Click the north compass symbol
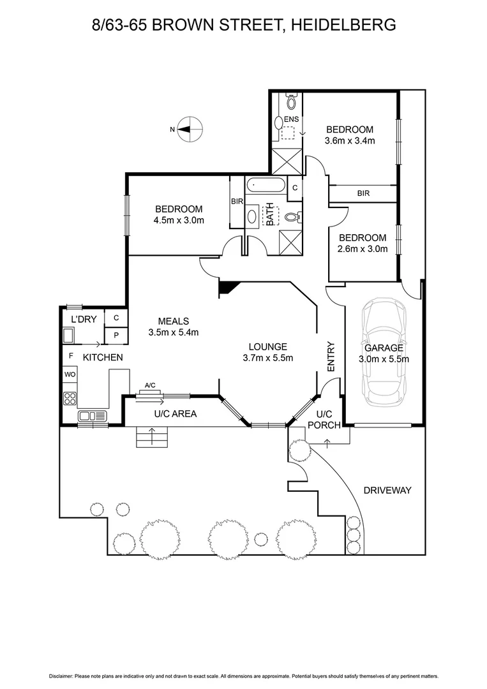[188, 129]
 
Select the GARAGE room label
[384, 348]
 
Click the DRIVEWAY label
[387, 491]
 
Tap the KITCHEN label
[102, 357]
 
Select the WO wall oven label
[70, 375]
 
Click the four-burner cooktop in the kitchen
[70, 398]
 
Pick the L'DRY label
[84, 319]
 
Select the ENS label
[291, 119]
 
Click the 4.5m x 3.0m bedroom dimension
[179, 221]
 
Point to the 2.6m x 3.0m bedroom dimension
[363, 249]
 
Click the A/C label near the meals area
[151, 385]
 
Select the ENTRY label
[331, 357]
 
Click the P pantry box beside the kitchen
[116, 334]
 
